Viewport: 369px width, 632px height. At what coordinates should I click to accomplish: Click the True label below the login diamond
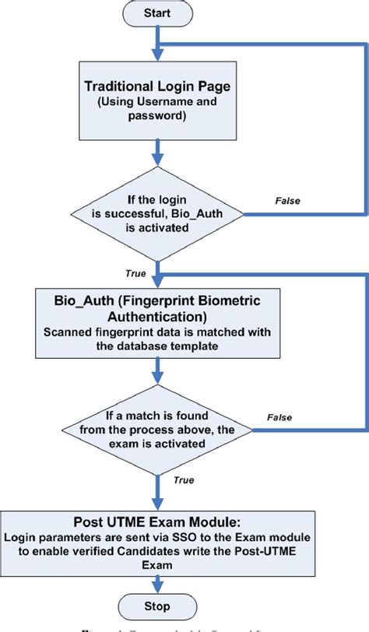tap(136, 272)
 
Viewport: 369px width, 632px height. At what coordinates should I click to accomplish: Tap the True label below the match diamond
tap(184, 480)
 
